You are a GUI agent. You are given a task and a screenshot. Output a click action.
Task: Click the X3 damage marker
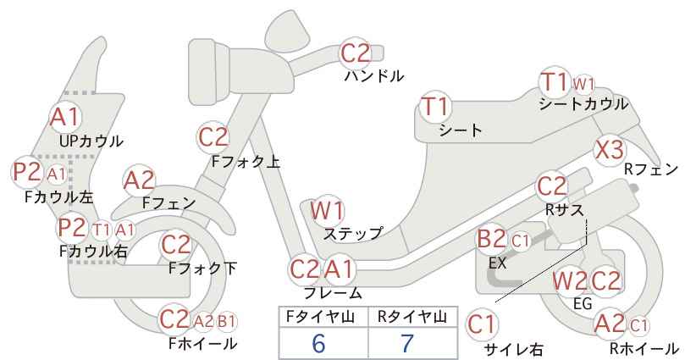pos(610,150)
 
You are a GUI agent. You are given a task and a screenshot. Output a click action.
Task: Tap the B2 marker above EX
pos(491,239)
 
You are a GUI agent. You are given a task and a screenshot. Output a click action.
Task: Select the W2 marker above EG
pos(569,281)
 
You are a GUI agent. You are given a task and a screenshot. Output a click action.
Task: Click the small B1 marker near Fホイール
pos(226,321)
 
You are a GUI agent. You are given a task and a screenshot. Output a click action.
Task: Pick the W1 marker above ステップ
pos(327,210)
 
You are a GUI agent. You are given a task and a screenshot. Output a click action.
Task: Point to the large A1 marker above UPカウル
pos(65,117)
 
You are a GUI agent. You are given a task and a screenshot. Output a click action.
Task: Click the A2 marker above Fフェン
pos(139,181)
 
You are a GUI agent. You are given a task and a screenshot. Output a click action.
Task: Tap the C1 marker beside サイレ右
pos(481,324)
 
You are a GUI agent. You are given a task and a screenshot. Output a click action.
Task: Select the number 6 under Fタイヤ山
pos(318,343)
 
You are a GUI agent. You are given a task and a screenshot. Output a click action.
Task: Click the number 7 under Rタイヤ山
pos(407,343)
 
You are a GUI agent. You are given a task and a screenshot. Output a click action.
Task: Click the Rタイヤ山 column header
pos(412,317)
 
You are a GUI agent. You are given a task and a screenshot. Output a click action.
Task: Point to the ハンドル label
pos(374,76)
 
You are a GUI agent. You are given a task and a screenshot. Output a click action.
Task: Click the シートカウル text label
pos(583,104)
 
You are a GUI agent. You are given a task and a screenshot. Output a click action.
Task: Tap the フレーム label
pos(333,293)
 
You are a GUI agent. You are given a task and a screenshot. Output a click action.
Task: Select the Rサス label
pos(564,210)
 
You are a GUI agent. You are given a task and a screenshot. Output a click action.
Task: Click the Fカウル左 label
pos(59,197)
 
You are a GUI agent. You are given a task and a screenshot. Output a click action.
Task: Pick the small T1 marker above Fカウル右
pos(102,230)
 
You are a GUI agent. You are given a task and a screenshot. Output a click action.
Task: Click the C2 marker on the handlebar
pos(355,53)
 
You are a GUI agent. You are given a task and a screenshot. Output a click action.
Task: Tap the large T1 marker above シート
pos(435,107)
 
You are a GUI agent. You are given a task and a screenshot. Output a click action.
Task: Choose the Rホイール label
pos(644,348)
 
